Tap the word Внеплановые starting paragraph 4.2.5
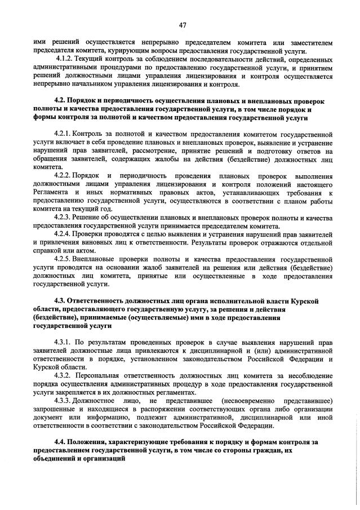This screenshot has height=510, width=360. point(100,258)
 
